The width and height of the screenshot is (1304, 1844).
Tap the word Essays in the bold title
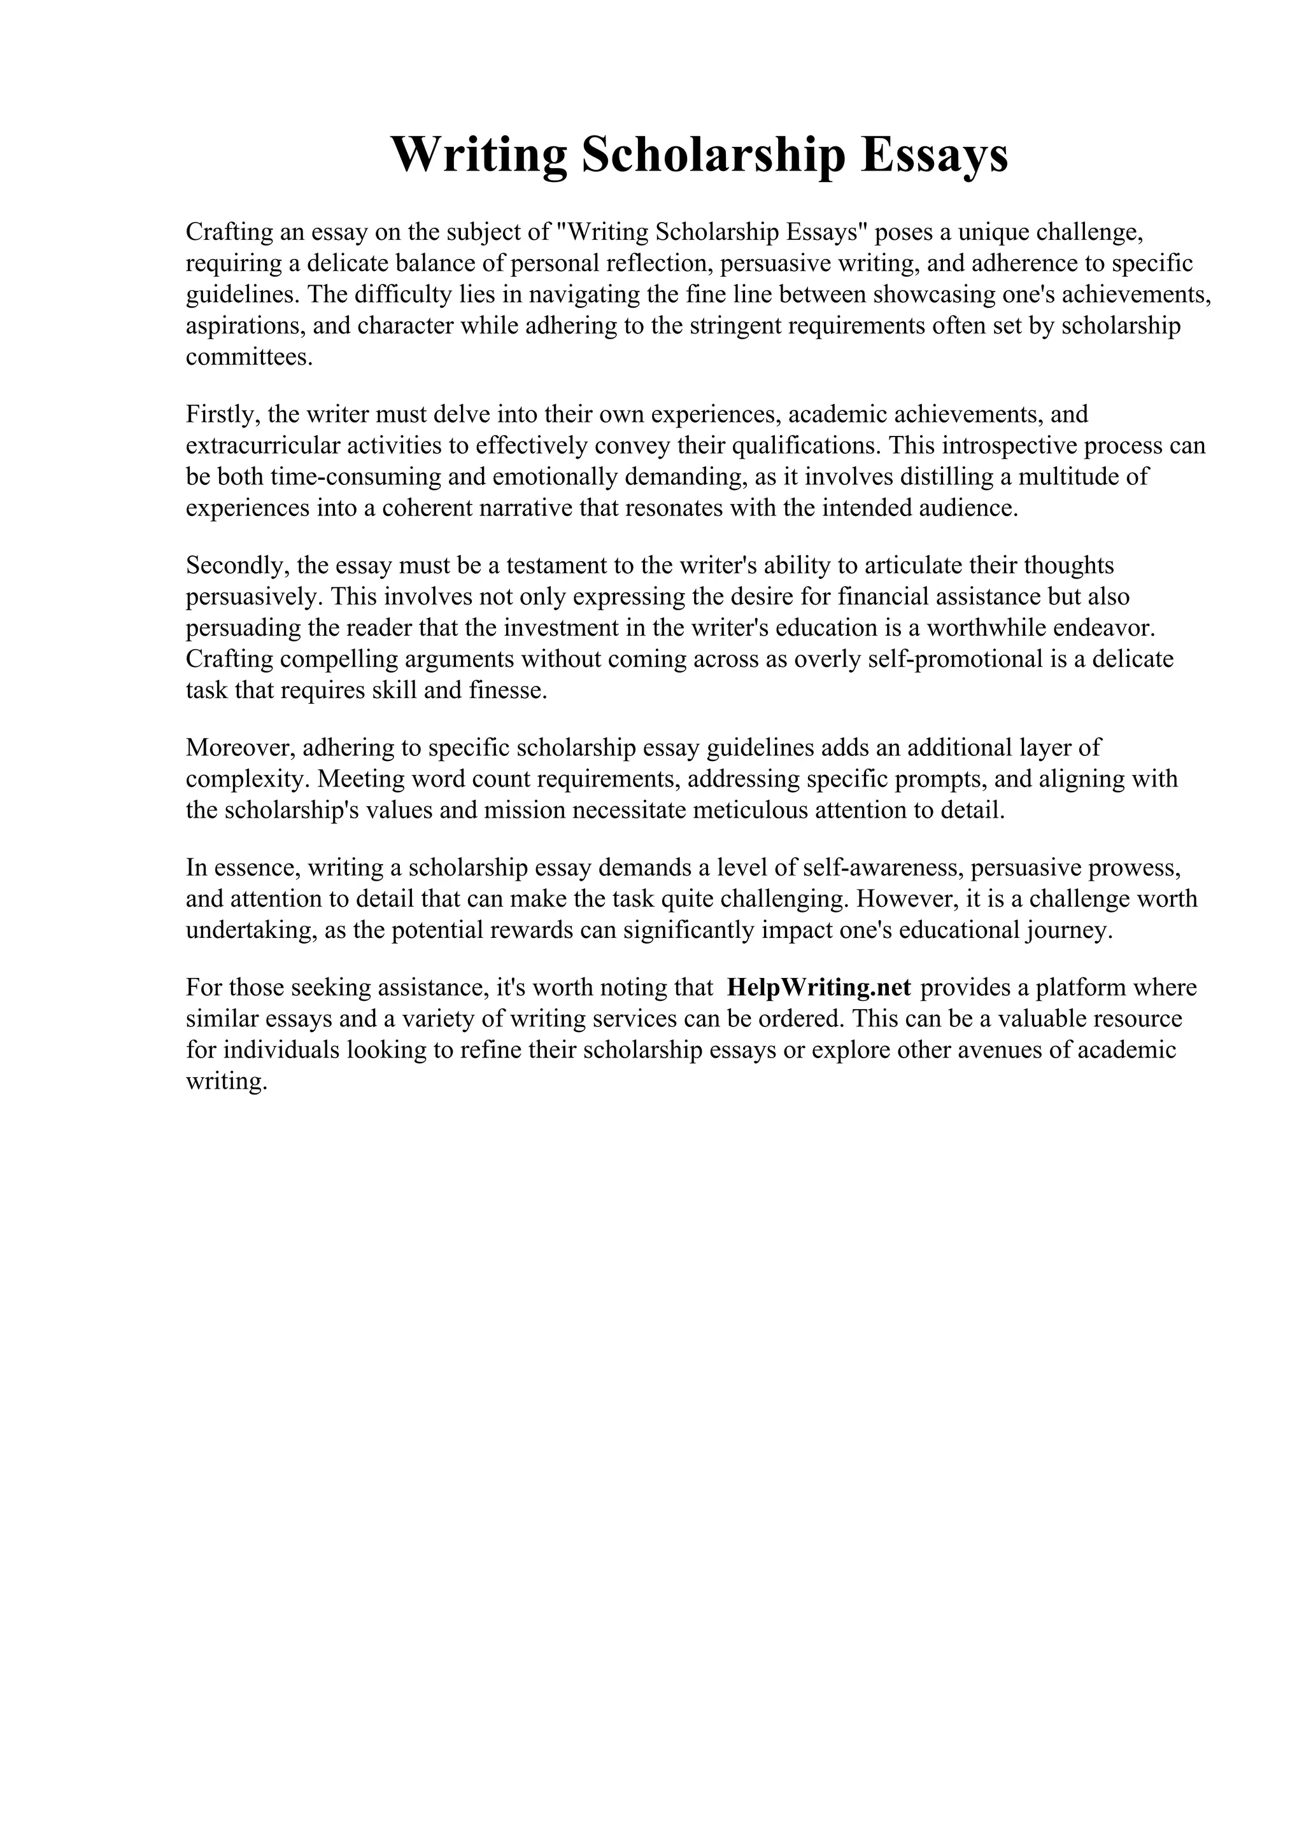tap(935, 156)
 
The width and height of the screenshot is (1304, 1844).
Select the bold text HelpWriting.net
tap(819, 988)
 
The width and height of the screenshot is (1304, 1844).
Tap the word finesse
tap(506, 690)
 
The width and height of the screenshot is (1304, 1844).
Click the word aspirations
tap(244, 326)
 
